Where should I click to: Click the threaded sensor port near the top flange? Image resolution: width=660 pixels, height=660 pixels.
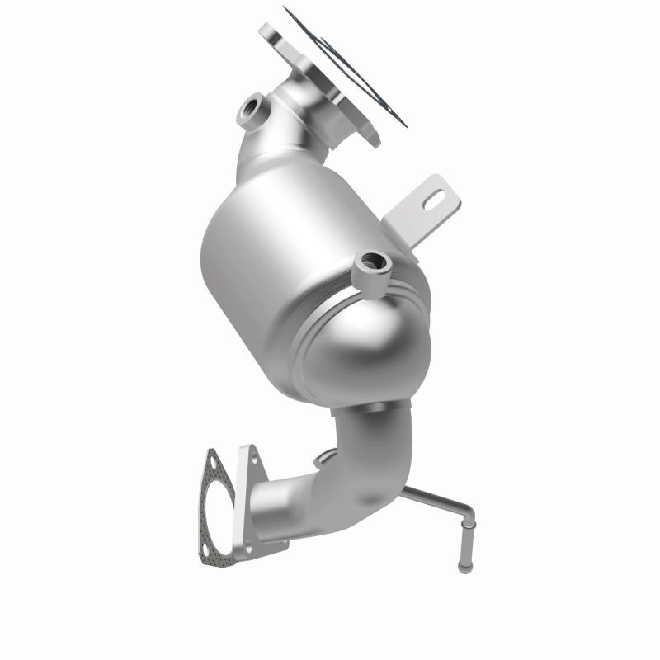click(252, 110)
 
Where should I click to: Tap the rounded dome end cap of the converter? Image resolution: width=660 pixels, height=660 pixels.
click(363, 338)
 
